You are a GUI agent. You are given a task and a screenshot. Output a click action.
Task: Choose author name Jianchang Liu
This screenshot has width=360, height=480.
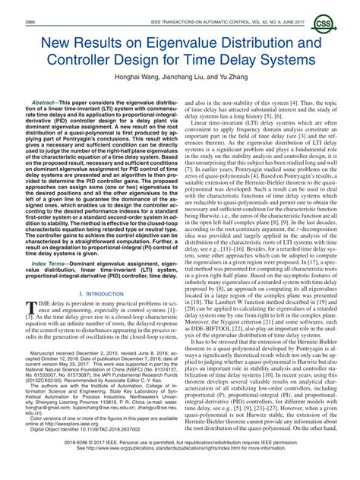point(185,77)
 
